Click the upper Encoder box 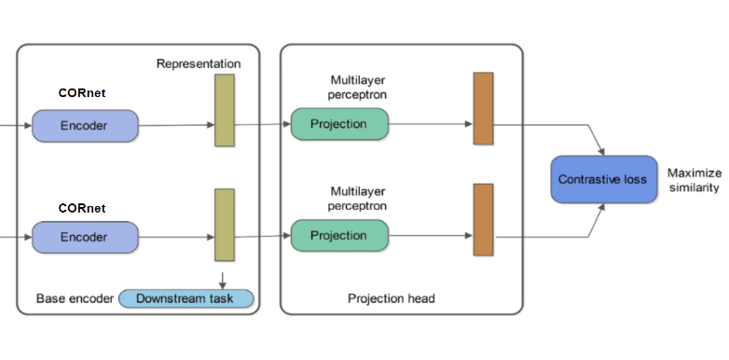[85, 125]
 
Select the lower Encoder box [85, 237]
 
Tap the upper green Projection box [338, 124]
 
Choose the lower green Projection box [338, 235]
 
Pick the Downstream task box [186, 298]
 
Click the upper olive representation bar [225, 110]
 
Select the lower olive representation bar [225, 224]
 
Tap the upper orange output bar [483, 108]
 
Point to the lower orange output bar [483, 219]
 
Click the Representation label [199, 63]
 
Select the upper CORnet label [82, 93]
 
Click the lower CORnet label [82, 207]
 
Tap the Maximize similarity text [693, 180]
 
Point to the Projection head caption [392, 298]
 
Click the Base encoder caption [75, 298]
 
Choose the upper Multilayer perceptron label [358, 88]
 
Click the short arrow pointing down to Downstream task [224, 276]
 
